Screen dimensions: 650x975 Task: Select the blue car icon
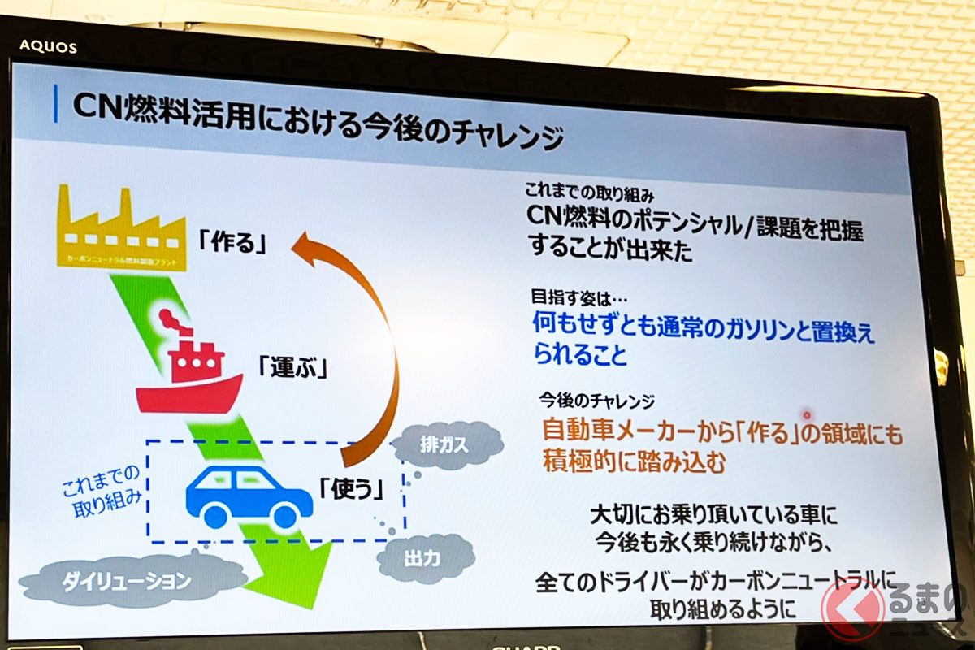(249, 496)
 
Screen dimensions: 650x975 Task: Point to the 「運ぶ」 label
(292, 367)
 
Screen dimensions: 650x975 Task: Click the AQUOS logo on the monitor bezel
(50, 46)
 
